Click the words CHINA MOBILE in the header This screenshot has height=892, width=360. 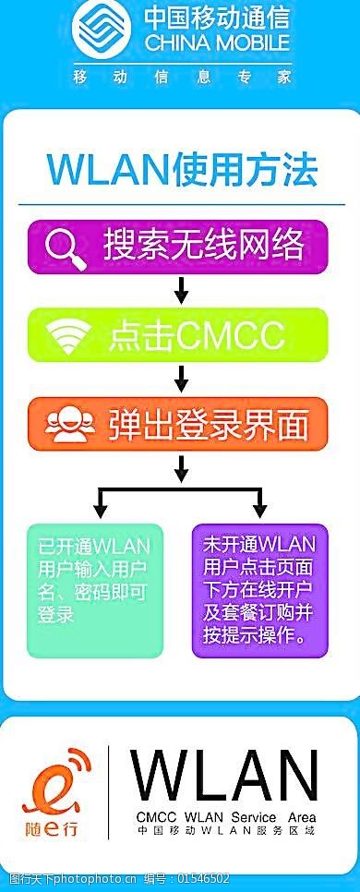click(x=216, y=43)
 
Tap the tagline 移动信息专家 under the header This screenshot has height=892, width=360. click(x=182, y=75)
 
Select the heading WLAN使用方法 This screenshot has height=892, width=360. click(x=182, y=170)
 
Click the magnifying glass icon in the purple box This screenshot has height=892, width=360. click(x=66, y=247)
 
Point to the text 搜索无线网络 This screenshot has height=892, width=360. click(x=204, y=246)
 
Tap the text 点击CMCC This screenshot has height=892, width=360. click(x=197, y=335)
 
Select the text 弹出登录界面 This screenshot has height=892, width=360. click(x=208, y=424)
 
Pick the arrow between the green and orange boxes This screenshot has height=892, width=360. click(x=181, y=378)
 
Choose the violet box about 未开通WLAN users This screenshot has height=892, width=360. click(x=258, y=590)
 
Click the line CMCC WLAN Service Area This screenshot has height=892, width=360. click(x=224, y=817)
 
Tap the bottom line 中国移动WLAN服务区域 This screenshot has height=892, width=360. click(x=224, y=831)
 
